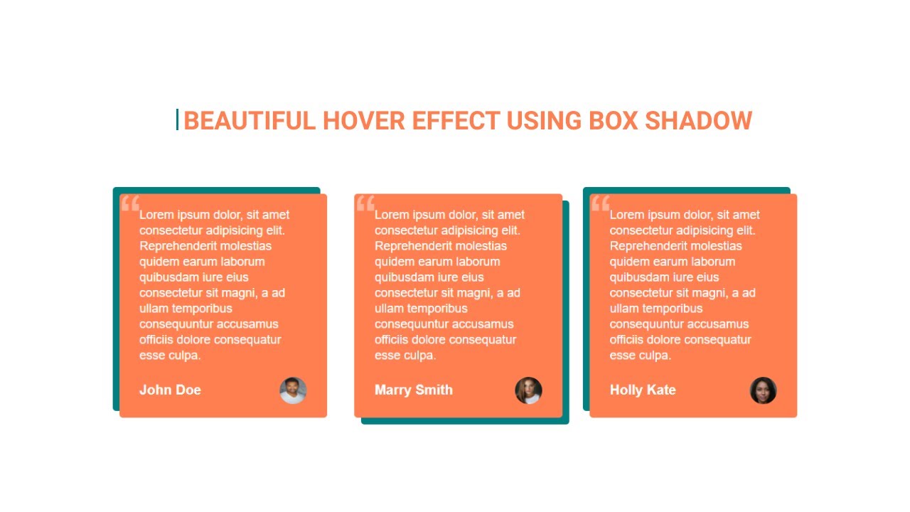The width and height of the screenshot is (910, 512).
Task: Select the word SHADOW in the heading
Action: click(x=698, y=121)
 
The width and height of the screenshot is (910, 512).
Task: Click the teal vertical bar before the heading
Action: click(x=177, y=119)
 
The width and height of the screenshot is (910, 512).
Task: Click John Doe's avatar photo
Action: click(x=293, y=390)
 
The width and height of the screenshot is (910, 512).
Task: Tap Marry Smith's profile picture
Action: click(x=528, y=390)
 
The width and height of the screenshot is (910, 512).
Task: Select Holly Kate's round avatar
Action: click(x=763, y=390)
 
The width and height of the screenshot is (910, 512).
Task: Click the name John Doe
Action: click(x=170, y=390)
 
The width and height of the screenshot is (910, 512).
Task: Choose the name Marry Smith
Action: click(x=413, y=390)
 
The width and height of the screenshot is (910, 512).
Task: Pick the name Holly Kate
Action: click(x=643, y=390)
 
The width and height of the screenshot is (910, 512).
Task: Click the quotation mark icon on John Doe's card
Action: click(x=130, y=204)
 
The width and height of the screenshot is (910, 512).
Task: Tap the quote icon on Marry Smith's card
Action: click(x=365, y=203)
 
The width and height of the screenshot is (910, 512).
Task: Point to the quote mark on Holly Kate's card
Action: click(x=601, y=203)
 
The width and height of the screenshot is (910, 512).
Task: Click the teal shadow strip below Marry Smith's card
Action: click(x=465, y=421)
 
